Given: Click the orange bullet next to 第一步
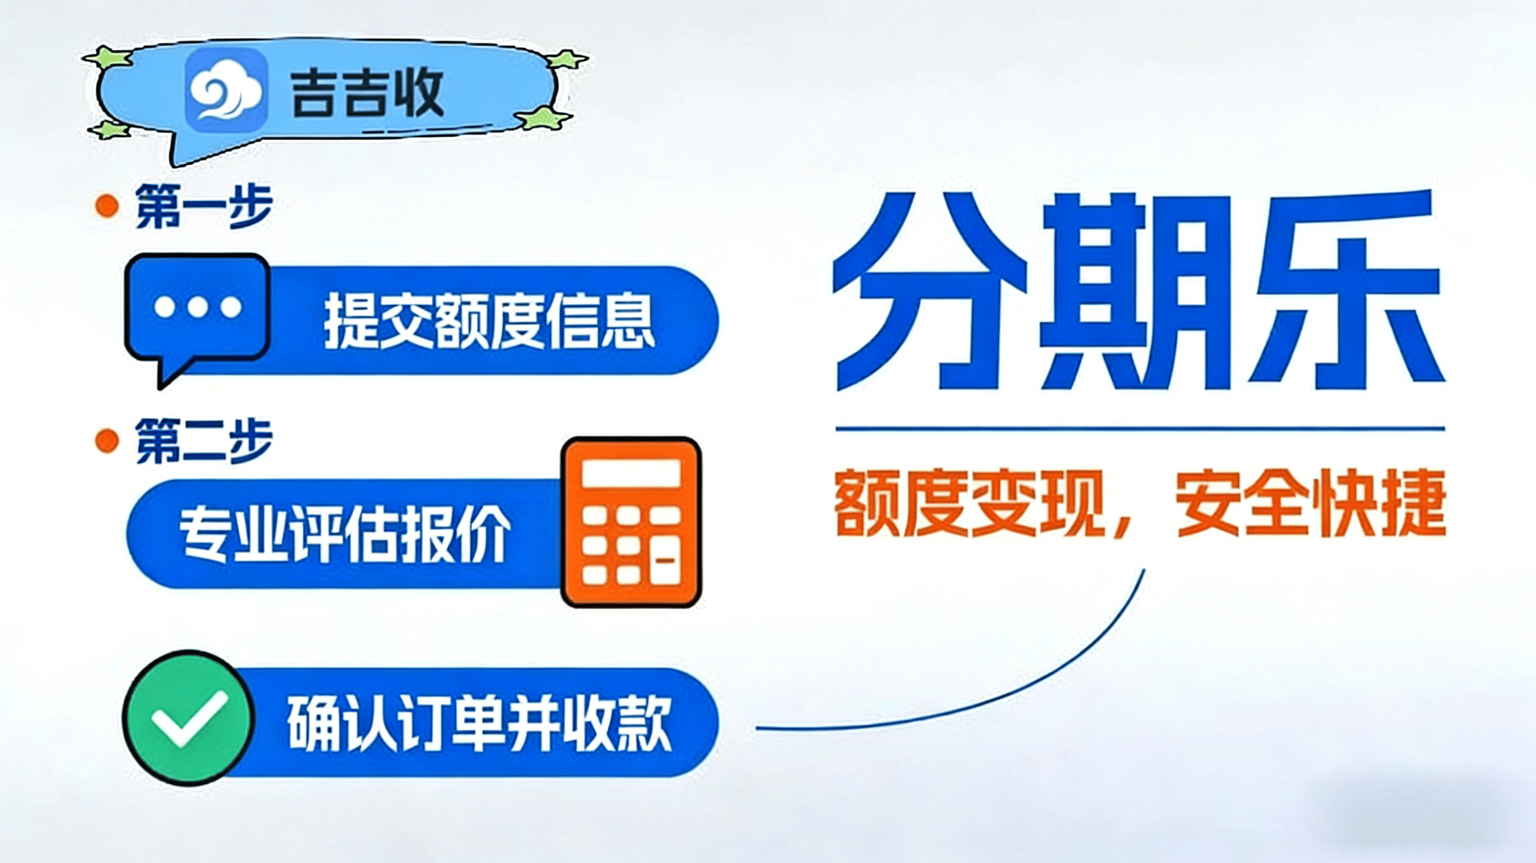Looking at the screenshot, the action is coord(107,206).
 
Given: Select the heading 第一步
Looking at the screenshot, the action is coord(204,206).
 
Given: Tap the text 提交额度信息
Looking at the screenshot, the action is coord(489,320).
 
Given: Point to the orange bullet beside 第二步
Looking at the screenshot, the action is coord(107,442).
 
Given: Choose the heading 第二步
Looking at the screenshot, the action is coord(204,442).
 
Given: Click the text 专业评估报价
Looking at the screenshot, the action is coord(345,535).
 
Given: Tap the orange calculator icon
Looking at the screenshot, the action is coord(631,522).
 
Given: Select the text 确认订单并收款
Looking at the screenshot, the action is coord(479,723).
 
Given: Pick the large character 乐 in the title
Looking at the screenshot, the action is coord(1345,288).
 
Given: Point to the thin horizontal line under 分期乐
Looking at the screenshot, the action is coord(1139,428).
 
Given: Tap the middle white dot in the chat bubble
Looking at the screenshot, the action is coord(197,308).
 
